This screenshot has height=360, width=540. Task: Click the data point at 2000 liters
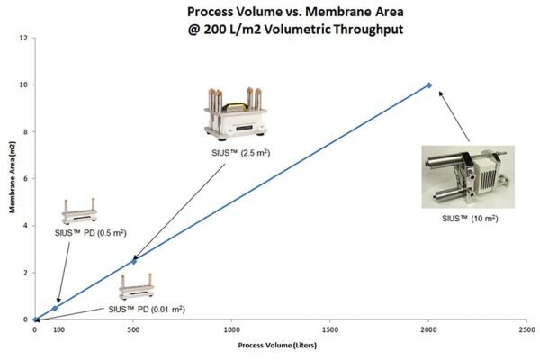click(428, 85)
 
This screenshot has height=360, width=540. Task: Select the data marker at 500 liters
click(134, 262)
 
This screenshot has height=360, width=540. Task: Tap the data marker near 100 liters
click(55, 308)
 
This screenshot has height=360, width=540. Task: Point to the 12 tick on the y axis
click(23, 38)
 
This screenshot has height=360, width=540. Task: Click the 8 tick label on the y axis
click(25, 131)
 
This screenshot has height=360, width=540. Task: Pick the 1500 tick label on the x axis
click(330, 329)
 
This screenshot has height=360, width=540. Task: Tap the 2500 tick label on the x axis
click(526, 329)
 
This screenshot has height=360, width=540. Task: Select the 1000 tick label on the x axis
click(232, 329)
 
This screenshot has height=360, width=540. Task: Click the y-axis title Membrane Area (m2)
click(13, 177)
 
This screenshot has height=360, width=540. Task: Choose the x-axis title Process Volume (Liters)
click(277, 346)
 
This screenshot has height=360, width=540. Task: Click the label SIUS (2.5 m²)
click(240, 153)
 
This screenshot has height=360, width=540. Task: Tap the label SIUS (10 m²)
click(470, 218)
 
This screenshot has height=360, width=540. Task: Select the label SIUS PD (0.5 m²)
click(91, 233)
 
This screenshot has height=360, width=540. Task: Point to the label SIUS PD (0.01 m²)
click(147, 309)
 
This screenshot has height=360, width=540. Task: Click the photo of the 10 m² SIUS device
click(468, 176)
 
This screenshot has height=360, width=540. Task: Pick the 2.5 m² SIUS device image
click(236, 113)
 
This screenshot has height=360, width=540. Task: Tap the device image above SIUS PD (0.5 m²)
click(79, 211)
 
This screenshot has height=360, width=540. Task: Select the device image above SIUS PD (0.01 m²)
click(137, 286)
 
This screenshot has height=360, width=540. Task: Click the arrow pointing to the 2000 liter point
click(454, 116)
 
